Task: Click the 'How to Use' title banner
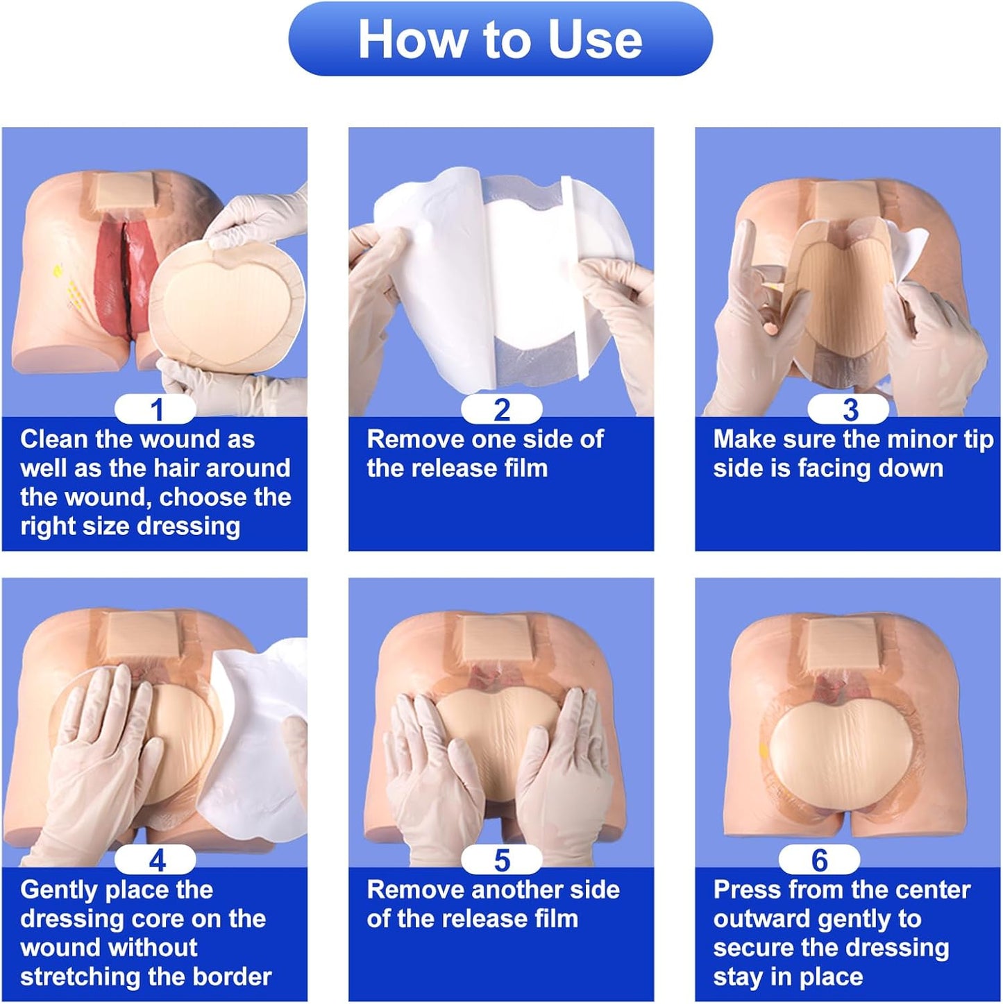click(500, 40)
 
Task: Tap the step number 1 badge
click(155, 409)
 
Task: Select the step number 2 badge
click(501, 409)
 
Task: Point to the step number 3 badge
click(848, 409)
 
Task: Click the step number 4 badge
click(155, 860)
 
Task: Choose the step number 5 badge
click(501, 860)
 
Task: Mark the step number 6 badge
click(819, 860)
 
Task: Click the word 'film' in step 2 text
click(526, 468)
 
